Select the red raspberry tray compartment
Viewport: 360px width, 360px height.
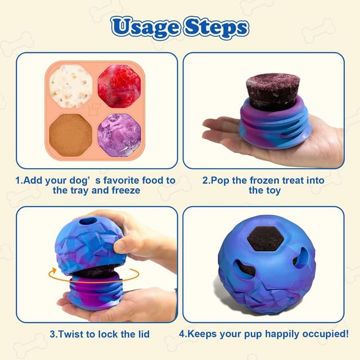pyautogui.click(x=119, y=85)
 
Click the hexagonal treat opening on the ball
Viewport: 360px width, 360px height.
pyautogui.click(x=265, y=240)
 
